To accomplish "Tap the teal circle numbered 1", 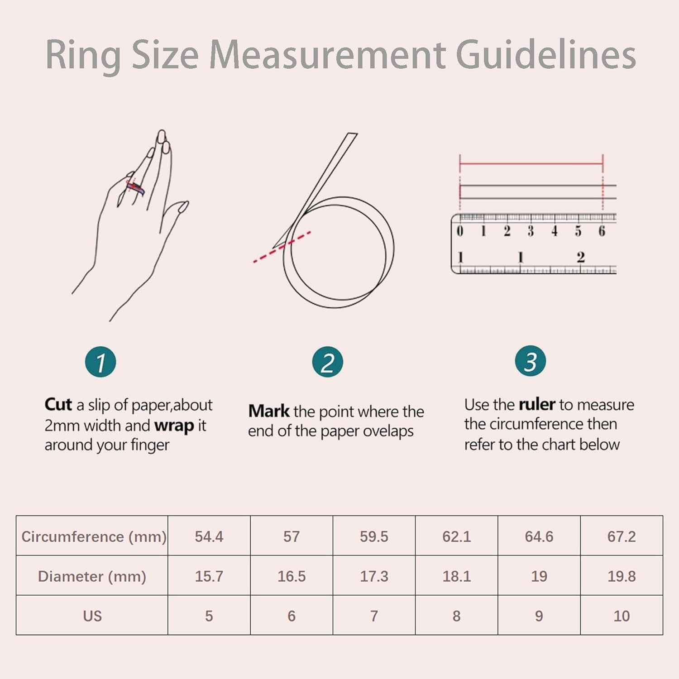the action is [x=100, y=362].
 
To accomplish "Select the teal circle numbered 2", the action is [x=327, y=362].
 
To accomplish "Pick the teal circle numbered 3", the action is [x=530, y=361].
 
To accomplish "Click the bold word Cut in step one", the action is [x=58, y=404].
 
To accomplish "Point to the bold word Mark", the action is [x=269, y=411].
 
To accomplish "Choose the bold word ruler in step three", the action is [x=537, y=404].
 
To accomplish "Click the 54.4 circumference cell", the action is [x=209, y=536].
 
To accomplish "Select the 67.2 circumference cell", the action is [x=622, y=536].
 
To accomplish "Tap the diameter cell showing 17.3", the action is [x=374, y=576].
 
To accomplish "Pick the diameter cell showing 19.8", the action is [x=622, y=576].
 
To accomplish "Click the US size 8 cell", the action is [x=456, y=616].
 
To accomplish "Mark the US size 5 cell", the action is [x=209, y=616].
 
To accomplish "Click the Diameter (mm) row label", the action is [x=92, y=576].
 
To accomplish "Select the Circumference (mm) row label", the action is [x=94, y=536].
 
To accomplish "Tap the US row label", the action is [x=92, y=616].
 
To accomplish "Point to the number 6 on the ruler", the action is [x=602, y=231].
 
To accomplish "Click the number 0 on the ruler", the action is [x=460, y=231].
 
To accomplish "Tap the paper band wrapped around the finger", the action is [x=135, y=186].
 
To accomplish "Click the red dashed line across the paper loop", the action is [x=282, y=247].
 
